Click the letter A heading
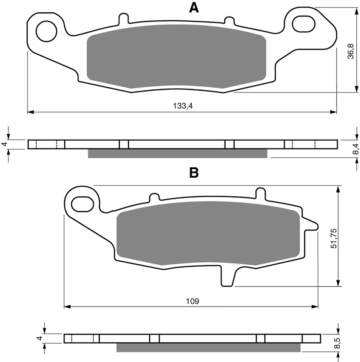pyautogui.click(x=194, y=8)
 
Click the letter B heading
pyautogui.click(x=194, y=173)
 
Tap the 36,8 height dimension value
pyautogui.click(x=351, y=51)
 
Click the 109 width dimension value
pyautogui.click(x=192, y=301)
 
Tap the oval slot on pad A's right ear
pyautogui.click(x=303, y=24)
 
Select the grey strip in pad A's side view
pyautogui.click(x=177, y=153)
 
